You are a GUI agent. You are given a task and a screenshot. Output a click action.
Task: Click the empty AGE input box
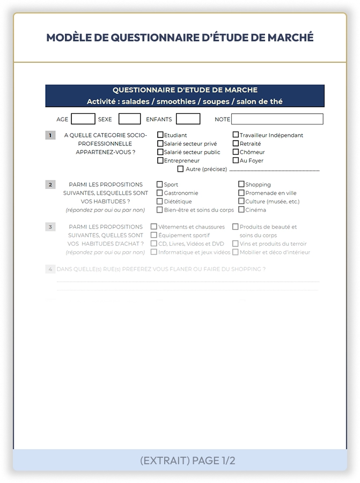click(83, 119)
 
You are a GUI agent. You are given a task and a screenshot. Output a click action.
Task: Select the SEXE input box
click(129, 119)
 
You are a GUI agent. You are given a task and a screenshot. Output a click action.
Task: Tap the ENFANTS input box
click(188, 119)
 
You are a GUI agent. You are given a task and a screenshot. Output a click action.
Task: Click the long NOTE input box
click(277, 119)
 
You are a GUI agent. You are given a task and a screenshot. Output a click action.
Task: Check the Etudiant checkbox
click(160, 135)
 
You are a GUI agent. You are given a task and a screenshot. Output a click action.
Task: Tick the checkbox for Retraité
click(236, 144)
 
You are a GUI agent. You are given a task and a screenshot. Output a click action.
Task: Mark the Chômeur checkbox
click(236, 152)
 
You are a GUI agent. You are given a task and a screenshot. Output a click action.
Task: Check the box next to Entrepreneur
click(160, 160)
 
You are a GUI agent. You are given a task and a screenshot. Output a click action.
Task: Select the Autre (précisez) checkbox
click(180, 169)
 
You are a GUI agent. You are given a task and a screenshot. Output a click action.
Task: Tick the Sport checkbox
click(159, 185)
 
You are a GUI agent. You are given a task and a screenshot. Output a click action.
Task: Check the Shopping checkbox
click(241, 185)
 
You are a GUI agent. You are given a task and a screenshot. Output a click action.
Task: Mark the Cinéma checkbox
click(241, 210)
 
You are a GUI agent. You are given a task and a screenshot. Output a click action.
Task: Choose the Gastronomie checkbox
click(159, 193)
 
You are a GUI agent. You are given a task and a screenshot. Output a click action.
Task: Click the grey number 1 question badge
click(50, 135)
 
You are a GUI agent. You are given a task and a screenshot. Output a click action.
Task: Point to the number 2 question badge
click(50, 185)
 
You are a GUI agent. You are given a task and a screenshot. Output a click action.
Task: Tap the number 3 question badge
click(50, 226)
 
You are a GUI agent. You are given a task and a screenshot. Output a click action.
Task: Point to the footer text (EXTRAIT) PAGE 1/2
click(187, 460)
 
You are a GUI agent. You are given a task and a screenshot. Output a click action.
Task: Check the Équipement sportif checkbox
click(154, 235)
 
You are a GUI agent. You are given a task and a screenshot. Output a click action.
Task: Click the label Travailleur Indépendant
click(271, 135)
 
